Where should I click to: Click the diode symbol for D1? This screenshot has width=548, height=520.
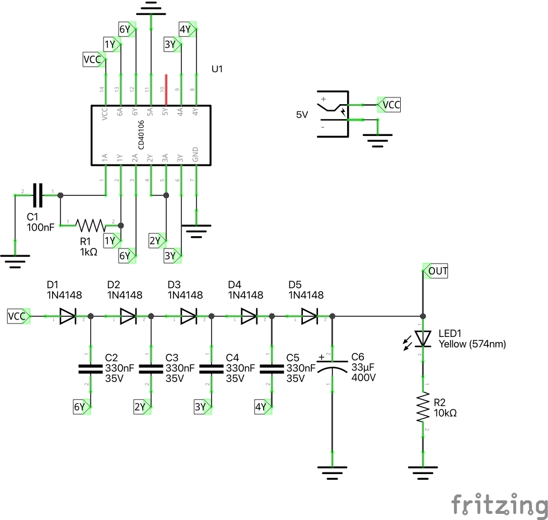(x=67, y=317)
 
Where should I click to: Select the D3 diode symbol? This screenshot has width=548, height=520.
(x=188, y=317)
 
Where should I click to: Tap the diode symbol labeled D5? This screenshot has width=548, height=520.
(x=309, y=317)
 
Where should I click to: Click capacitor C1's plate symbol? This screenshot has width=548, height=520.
(x=38, y=195)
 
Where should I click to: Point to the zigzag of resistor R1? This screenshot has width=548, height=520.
(x=91, y=225)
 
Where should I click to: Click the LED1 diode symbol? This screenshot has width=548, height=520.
(x=423, y=338)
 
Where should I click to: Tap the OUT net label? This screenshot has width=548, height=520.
(x=437, y=271)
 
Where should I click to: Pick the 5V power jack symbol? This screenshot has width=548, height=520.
(x=332, y=114)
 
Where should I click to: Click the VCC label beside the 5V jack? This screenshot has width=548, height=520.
(x=390, y=104)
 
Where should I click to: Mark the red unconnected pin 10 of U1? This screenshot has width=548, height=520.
(x=166, y=82)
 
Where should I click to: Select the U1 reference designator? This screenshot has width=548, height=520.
(x=218, y=70)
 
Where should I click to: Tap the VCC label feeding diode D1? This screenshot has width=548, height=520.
(x=18, y=316)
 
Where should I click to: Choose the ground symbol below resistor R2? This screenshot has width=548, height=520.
(x=423, y=474)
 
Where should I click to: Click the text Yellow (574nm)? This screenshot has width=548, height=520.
(x=472, y=344)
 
